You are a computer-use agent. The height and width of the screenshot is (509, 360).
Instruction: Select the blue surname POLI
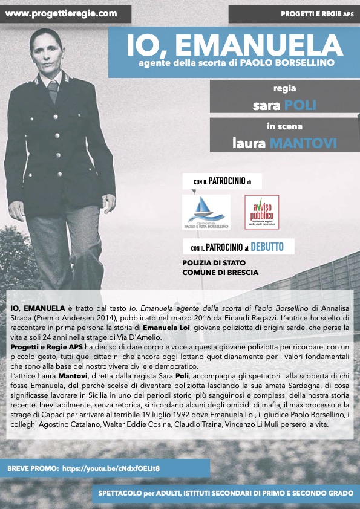(301, 106)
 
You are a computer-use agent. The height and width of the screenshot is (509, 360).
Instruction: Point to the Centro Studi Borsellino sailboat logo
(206, 212)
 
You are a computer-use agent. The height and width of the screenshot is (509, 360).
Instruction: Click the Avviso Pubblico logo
(261, 212)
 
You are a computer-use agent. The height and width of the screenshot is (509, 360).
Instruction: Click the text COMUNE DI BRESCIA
(220, 272)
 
